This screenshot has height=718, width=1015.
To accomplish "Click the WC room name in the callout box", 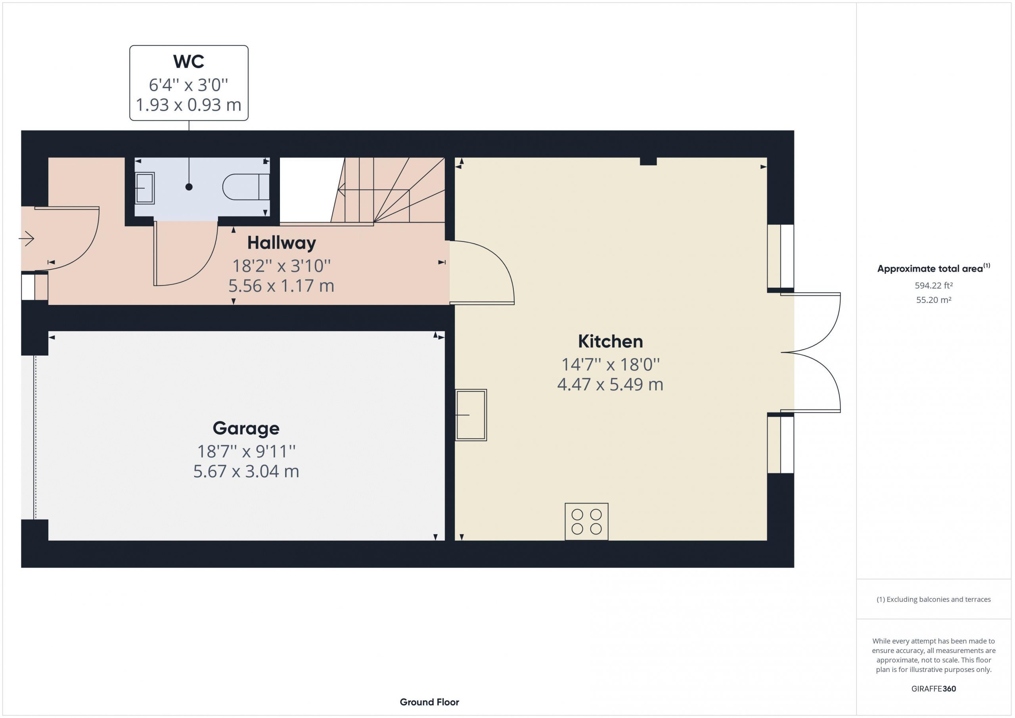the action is pos(189,61).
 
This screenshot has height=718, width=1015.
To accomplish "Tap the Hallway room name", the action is pos(282,243).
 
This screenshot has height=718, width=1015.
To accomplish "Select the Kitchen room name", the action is pos(611,341).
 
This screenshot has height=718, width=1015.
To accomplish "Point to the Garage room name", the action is pos(246,428).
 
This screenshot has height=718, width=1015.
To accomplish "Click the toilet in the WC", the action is pos(246,187).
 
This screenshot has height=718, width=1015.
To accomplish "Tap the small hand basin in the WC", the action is pos(145,188).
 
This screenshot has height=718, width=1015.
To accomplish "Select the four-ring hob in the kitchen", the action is pos(587,522).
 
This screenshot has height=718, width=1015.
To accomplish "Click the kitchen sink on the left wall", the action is pos(471,415).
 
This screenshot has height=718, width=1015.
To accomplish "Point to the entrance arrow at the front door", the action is pos(27,239).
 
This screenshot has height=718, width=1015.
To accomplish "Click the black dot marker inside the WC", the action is pos(189,187).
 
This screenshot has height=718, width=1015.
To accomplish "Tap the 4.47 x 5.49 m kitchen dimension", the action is pos(611,384).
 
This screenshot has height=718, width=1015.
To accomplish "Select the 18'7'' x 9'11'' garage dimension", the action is pos(246,452).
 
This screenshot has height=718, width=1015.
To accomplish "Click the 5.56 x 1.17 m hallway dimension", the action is pos(281,285).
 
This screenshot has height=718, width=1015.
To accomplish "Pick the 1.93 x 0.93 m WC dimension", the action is pos(189,105).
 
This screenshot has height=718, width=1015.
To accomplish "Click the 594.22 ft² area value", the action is pos(934,285).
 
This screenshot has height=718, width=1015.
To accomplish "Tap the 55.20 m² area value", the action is pos(934,300).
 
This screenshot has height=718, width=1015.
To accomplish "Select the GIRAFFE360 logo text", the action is pos(934,689).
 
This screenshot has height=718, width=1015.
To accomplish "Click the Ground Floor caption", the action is pos(429,702).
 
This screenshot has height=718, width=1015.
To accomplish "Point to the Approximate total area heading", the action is pos(934,268).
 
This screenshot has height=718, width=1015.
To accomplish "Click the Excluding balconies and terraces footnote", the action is pos(934,599).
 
